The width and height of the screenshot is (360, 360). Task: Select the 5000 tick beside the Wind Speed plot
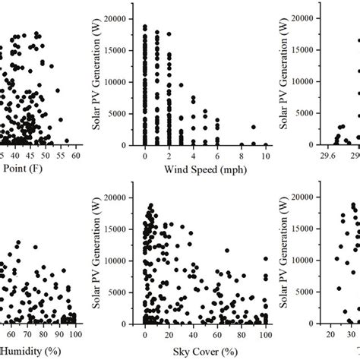point(126,113)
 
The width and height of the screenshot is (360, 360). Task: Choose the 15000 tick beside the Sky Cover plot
point(124,229)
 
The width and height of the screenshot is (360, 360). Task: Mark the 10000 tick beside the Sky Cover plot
point(124,261)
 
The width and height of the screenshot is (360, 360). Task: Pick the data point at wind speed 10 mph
point(266,144)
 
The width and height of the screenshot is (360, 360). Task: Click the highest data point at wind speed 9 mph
point(254,128)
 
